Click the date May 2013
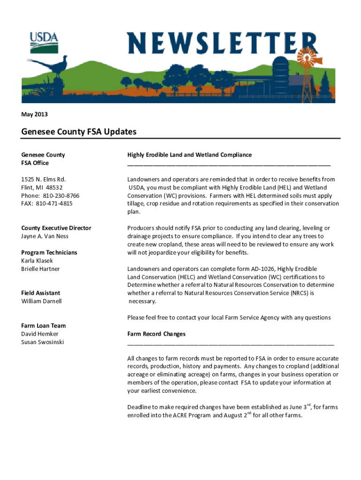click(x=34, y=114)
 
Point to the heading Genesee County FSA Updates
click(x=79, y=132)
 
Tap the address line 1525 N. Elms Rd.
click(x=43, y=179)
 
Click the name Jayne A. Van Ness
click(x=45, y=236)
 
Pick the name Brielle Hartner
click(x=40, y=269)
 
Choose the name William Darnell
click(x=41, y=301)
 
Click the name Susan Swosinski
click(x=43, y=342)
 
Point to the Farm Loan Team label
click(x=43, y=326)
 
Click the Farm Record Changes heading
click(x=157, y=334)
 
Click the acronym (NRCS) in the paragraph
click(x=296, y=293)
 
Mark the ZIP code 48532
click(x=53, y=187)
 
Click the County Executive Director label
click(x=56, y=228)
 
